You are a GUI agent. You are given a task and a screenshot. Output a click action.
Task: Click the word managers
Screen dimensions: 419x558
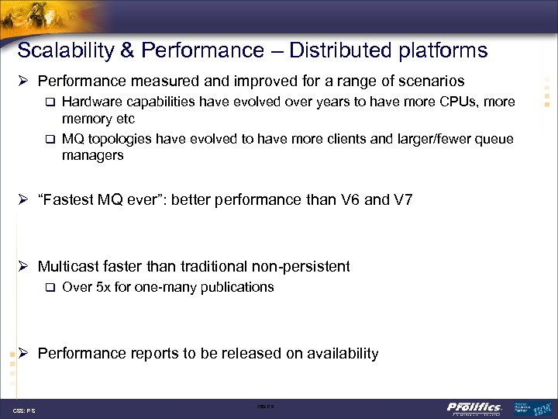pos(93,155)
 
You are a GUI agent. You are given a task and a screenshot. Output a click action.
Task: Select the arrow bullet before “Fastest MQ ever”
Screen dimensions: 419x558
pos(23,200)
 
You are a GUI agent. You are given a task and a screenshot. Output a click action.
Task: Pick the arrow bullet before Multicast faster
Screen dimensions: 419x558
pos(23,266)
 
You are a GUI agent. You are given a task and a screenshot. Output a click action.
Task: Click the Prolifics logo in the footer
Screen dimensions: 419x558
pos(474,407)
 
